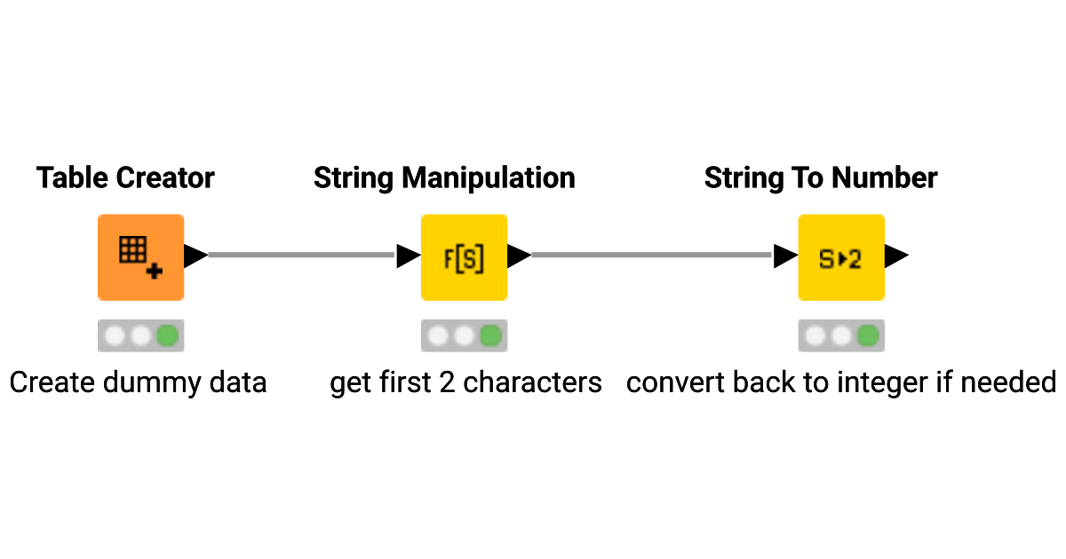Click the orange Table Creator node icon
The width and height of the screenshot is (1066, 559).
click(x=140, y=257)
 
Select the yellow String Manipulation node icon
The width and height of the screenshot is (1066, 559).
click(x=464, y=257)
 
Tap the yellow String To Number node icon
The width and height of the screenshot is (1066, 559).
click(x=840, y=257)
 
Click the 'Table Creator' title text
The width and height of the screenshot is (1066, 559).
click(x=125, y=178)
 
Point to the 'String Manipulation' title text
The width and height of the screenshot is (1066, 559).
click(x=444, y=178)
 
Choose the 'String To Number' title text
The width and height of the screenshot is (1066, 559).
click(x=821, y=178)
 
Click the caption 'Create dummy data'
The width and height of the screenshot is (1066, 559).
click(x=138, y=382)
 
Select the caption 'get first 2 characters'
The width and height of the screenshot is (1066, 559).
click(x=465, y=382)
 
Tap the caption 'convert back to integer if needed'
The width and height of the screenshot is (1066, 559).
click(x=840, y=382)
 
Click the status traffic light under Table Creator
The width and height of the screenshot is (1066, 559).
click(x=140, y=336)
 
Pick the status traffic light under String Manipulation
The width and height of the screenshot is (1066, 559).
click(x=464, y=336)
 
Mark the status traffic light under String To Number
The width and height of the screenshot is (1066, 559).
click(x=840, y=336)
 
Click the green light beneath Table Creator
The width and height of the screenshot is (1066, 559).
click(x=167, y=336)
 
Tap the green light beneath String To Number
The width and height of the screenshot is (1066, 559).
click(x=867, y=336)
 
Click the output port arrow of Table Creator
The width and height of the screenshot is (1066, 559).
click(x=195, y=256)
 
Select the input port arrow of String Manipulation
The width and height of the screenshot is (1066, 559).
click(x=408, y=256)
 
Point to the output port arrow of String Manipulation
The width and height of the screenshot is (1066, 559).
click(x=519, y=256)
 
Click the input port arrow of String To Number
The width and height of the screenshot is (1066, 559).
click(x=785, y=256)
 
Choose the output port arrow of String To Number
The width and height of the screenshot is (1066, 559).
click(x=895, y=256)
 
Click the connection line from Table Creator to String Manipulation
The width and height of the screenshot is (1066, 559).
click(x=302, y=256)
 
